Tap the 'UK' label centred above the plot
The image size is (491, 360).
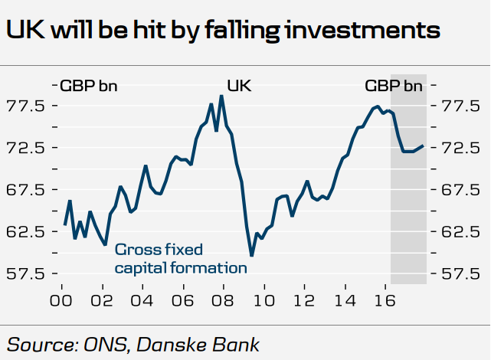[x=239, y=85]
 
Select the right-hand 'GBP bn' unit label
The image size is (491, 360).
[x=393, y=85]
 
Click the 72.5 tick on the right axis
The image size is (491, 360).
[x=460, y=147]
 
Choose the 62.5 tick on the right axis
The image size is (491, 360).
[x=460, y=231]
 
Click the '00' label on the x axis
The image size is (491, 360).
[x=61, y=299]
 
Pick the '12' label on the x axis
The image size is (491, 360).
[x=304, y=299]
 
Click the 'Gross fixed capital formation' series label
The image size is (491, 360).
[x=181, y=259]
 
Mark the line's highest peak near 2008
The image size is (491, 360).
[x=221, y=96]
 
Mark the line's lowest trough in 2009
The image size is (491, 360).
[x=251, y=256]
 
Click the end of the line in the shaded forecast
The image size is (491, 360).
[x=424, y=146]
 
